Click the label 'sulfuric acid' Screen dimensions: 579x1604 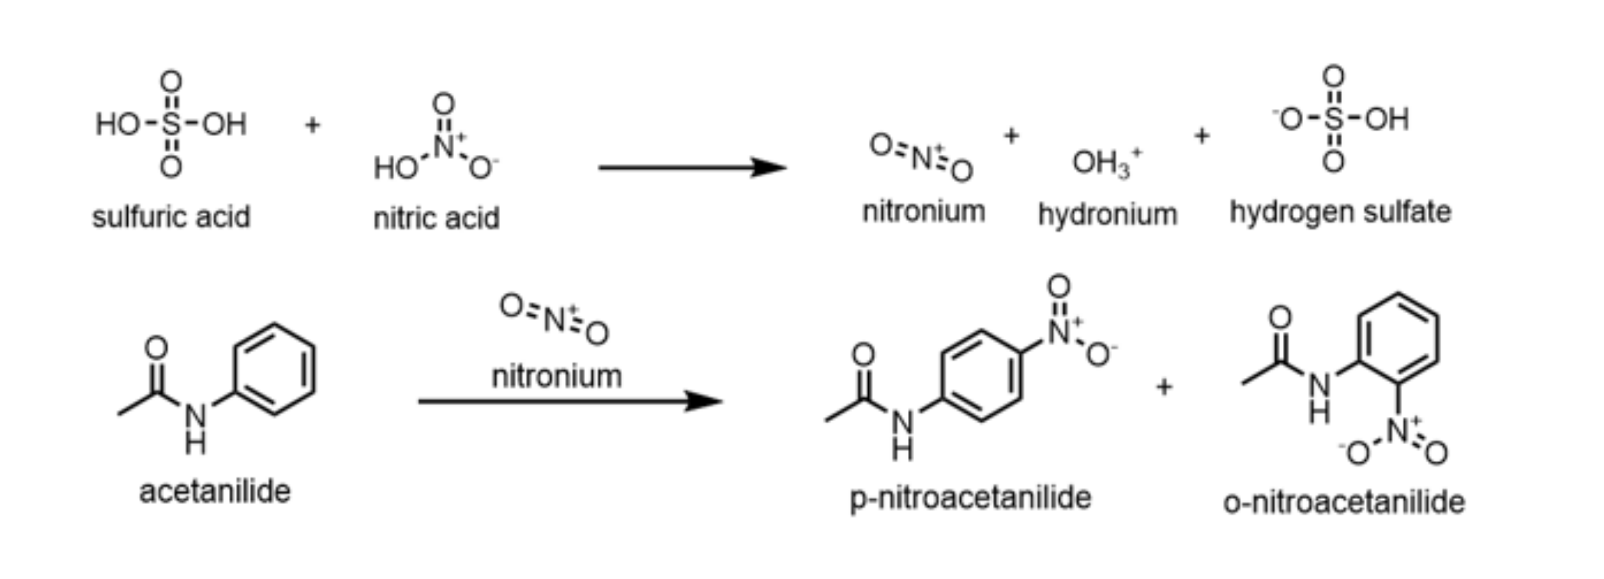point(171,217)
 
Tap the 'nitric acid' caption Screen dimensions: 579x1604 point(436,218)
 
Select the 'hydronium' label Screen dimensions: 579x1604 point(1108,215)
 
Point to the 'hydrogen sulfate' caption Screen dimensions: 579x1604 point(1340,212)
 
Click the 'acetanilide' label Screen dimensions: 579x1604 point(215,492)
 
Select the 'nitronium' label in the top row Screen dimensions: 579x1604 point(923,212)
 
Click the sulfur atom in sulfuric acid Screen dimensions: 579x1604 point(171,124)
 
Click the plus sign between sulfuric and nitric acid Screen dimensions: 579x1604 point(312,125)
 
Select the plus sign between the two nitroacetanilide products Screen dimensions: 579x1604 point(1164,387)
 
